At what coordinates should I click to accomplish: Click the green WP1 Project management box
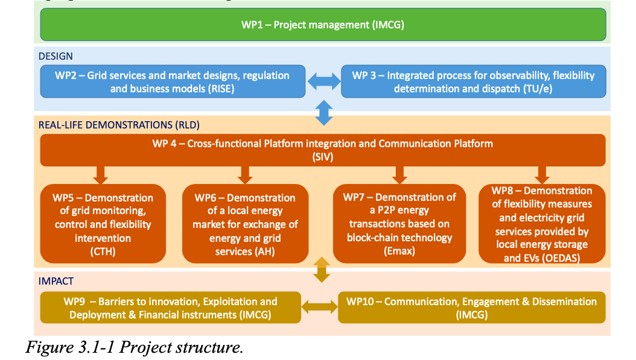click(323, 25)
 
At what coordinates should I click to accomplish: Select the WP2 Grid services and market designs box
click(173, 82)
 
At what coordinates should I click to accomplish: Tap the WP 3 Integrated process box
click(473, 82)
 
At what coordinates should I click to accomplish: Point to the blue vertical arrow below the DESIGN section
click(324, 112)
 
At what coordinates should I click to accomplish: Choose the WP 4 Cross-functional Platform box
click(323, 150)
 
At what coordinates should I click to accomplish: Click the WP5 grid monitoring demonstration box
click(103, 224)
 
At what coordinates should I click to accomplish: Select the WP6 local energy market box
click(245, 224)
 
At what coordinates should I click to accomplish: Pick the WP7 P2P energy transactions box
click(399, 224)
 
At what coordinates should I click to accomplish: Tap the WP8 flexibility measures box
click(542, 224)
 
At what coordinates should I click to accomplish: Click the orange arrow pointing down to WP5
click(101, 175)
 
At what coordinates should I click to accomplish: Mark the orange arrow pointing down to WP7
click(399, 175)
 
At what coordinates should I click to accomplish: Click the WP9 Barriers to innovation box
click(170, 308)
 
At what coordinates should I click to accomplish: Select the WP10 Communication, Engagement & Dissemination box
click(471, 308)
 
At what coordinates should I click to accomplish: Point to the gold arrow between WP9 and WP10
click(319, 307)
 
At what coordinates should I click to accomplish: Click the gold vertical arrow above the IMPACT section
click(322, 270)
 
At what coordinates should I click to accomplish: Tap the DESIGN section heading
click(56, 56)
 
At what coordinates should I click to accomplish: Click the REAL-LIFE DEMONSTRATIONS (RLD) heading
click(119, 125)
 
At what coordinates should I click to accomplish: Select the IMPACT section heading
click(56, 281)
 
